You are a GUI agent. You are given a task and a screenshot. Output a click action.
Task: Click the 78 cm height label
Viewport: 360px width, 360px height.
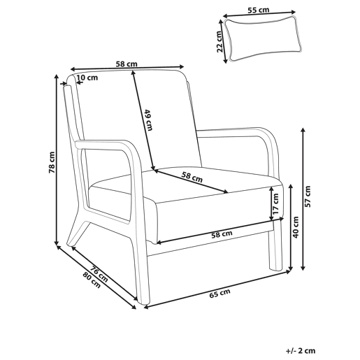(52, 162)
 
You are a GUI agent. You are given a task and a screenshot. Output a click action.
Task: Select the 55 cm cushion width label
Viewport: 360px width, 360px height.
(258, 10)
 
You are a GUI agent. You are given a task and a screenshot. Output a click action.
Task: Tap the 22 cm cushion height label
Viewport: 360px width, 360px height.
(219, 42)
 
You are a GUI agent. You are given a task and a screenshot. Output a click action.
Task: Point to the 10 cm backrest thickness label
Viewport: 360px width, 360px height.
(87, 78)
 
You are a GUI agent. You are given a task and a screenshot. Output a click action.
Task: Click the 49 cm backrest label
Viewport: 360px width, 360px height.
(148, 120)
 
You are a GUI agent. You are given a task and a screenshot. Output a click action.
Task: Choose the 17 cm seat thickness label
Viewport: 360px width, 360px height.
(275, 204)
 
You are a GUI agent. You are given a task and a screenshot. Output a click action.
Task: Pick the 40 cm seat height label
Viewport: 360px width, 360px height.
(296, 227)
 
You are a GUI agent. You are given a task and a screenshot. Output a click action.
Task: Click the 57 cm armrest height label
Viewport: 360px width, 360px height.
(308, 196)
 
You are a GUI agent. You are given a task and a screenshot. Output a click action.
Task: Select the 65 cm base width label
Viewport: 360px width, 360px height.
(219, 294)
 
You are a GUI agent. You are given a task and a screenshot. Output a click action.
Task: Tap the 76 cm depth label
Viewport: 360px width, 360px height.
(99, 274)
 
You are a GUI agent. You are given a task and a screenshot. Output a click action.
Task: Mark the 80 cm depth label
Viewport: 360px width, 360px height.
(92, 280)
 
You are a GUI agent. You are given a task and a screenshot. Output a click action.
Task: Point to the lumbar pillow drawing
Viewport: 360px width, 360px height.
(263, 38)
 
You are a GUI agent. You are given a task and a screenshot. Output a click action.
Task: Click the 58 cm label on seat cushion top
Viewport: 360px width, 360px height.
(192, 177)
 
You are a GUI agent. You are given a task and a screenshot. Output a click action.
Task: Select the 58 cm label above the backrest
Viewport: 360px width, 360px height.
(127, 64)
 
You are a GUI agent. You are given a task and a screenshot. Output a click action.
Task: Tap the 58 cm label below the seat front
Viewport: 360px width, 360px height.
(222, 234)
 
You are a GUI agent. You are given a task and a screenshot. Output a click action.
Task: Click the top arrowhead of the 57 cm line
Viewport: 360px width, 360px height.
(303, 129)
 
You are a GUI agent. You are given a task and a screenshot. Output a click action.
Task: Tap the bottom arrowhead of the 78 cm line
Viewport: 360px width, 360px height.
(56, 243)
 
